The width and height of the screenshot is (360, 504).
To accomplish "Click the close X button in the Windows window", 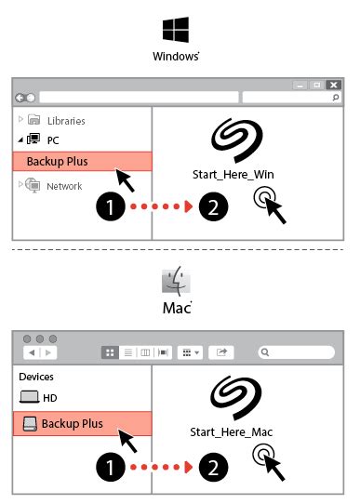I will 333,84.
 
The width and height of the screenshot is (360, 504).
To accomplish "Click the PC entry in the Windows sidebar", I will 52,139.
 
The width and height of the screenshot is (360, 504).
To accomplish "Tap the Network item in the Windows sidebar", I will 64,186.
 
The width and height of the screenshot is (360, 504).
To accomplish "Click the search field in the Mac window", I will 298,352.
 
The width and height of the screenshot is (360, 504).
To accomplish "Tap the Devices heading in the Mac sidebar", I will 36,377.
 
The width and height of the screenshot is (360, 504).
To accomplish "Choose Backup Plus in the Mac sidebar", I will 71,424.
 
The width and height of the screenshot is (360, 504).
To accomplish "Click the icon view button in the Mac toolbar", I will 109,352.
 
